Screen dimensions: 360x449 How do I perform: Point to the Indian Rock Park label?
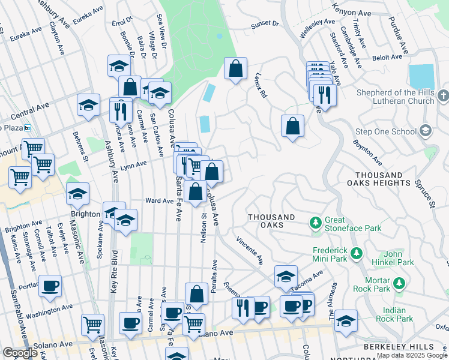[x=395, y=315]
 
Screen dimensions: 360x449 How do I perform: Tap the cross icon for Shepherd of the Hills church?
[x=443, y=96]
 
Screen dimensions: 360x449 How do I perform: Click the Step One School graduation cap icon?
[x=425, y=131]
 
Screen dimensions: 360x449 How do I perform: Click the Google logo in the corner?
[x=20, y=353]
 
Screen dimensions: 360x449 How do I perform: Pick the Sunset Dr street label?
[x=265, y=24]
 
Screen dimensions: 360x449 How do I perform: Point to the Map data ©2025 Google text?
[x=412, y=355]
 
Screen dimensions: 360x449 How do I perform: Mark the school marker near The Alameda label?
[x=346, y=321]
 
